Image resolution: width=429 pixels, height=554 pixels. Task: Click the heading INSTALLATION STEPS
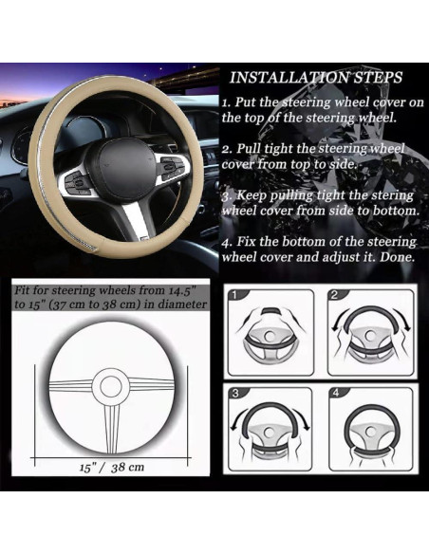point(316,78)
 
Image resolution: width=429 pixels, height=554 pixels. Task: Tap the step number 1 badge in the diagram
point(234,295)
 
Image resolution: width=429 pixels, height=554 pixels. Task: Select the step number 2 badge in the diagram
point(334,295)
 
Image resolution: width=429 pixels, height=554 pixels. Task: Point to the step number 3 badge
point(234,394)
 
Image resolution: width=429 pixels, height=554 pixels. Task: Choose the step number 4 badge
point(336,393)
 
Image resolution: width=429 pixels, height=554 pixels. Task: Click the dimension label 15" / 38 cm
point(112,468)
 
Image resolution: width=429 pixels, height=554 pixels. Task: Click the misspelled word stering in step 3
point(392,195)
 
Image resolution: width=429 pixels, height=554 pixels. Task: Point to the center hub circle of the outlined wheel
point(111,386)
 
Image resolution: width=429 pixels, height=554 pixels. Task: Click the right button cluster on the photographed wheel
point(173,167)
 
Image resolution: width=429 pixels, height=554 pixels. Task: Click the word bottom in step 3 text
point(397,211)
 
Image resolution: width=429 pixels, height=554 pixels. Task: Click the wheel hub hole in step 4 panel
point(371,431)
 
